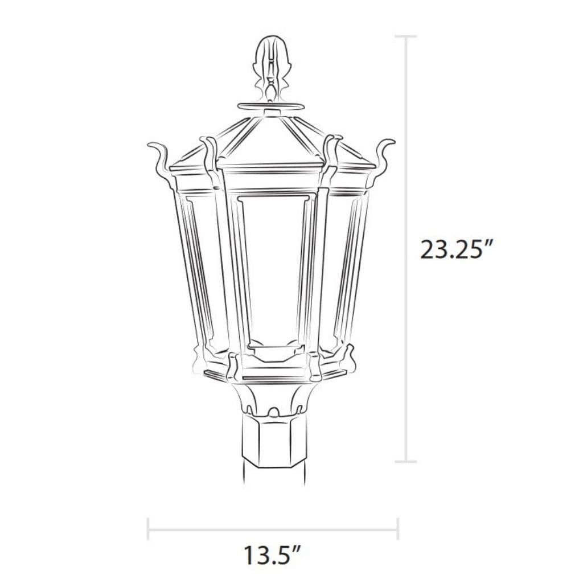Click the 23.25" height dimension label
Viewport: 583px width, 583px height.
point(455,249)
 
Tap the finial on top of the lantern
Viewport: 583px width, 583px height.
point(271,65)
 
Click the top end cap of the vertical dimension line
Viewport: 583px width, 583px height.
point(405,36)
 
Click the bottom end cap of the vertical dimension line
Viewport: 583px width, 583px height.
point(405,461)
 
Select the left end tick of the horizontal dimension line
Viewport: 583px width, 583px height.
point(148,528)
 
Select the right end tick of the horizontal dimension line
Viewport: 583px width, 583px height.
point(397,528)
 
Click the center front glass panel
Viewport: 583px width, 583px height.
point(272,268)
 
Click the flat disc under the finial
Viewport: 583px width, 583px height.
point(271,106)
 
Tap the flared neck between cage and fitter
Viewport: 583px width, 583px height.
point(272,399)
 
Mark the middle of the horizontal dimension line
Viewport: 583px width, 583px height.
point(272,528)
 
